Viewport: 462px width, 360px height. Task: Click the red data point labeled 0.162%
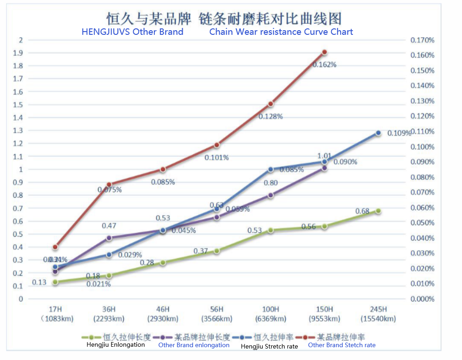(x=325, y=52)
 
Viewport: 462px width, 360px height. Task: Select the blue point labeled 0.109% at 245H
(x=378, y=133)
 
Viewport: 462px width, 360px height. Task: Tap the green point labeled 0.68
(x=378, y=211)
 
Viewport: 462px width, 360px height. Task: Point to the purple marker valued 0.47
(x=109, y=238)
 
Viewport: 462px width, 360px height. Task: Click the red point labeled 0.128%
(x=271, y=104)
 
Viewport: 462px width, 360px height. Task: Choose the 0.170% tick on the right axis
(x=422, y=40)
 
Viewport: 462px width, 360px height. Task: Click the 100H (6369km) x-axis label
(x=271, y=314)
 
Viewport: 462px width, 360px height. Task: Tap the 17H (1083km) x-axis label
(x=55, y=314)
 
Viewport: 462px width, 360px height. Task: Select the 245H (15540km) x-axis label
(x=378, y=314)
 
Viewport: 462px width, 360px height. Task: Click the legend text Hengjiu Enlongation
(x=115, y=345)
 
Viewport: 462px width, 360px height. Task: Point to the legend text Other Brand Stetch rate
(x=342, y=345)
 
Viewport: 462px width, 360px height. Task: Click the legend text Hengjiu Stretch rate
(x=269, y=346)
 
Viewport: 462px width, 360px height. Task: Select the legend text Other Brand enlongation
(x=194, y=345)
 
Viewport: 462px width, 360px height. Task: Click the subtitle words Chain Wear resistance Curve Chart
(x=281, y=32)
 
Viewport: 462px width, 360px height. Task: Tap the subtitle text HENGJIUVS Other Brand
(x=132, y=32)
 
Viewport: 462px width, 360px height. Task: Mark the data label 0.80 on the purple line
(x=271, y=183)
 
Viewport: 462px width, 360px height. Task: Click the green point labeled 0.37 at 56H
(x=217, y=251)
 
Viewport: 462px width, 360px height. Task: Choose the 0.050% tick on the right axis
(x=422, y=223)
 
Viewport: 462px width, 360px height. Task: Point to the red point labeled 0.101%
(x=217, y=145)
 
